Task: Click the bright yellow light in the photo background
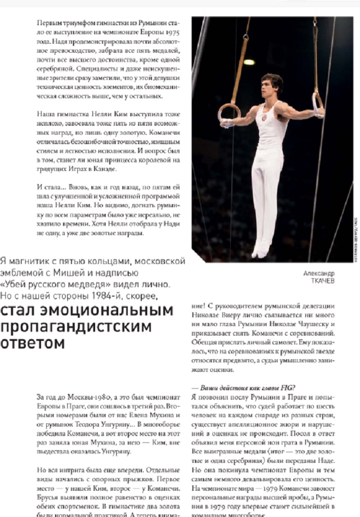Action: tap(249, 62)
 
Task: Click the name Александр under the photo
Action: tap(318, 273)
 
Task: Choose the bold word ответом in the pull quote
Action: tap(33, 343)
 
